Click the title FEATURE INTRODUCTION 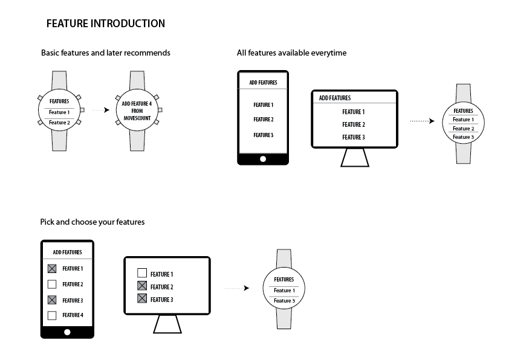tap(106, 24)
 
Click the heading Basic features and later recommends tap(106, 53)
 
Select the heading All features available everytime tap(291, 53)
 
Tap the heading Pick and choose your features tap(92, 222)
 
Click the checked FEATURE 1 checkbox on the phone tap(52, 269)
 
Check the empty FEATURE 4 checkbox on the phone tap(52, 315)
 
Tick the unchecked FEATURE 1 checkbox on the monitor tap(142, 273)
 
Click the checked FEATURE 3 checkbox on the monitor tap(142, 299)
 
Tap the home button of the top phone tap(262, 159)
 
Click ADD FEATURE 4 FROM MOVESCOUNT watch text tap(136, 111)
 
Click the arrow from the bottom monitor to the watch tap(236, 288)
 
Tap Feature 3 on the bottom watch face tap(284, 300)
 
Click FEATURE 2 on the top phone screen tap(263, 120)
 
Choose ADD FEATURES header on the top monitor tap(335, 98)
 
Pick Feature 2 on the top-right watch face tap(463, 129)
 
